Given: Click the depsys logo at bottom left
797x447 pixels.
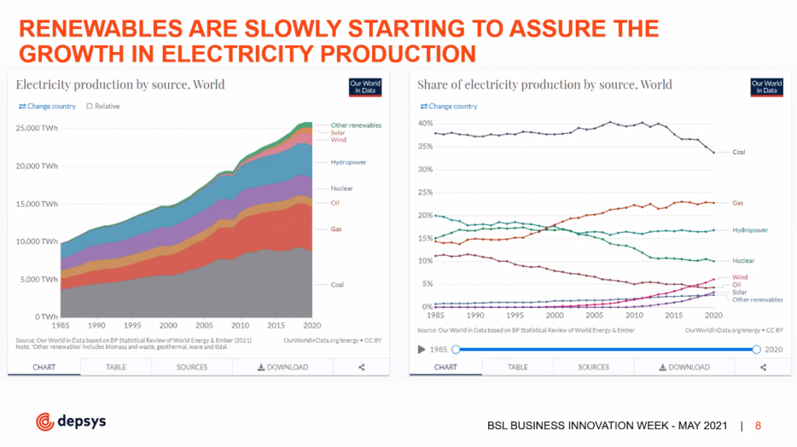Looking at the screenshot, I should pyautogui.click(x=71, y=421).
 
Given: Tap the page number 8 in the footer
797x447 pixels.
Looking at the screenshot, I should pyautogui.click(x=758, y=425).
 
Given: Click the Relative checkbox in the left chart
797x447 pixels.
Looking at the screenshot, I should pyautogui.click(x=90, y=107).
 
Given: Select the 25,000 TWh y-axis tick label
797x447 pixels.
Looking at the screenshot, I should pyautogui.click(x=37, y=128).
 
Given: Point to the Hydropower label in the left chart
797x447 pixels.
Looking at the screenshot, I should pyautogui.click(x=348, y=162).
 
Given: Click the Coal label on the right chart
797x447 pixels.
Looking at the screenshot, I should pyautogui.click(x=739, y=153).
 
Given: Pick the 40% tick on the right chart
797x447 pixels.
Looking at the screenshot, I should pyautogui.click(x=424, y=123).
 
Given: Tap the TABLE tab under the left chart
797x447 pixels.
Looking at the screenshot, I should pyautogui.click(x=116, y=367).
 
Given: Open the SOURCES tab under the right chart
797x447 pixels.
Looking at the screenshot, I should pyautogui.click(x=593, y=367).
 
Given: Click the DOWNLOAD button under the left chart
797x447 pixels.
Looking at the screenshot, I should pyautogui.click(x=283, y=367).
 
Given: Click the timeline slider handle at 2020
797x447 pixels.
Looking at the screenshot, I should pyautogui.click(x=757, y=350).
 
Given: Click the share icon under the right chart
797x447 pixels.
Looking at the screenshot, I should pyautogui.click(x=762, y=367).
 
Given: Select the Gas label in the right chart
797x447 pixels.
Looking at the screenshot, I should pyautogui.click(x=738, y=203).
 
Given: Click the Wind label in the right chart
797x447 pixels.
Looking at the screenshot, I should pyautogui.click(x=739, y=277).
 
